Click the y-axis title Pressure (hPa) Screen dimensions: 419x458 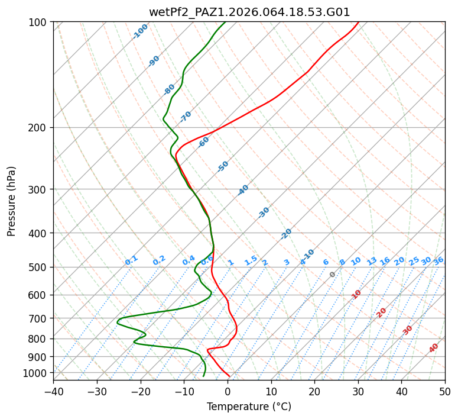12,201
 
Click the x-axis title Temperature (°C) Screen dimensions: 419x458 249,407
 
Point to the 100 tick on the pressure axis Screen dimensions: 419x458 41,22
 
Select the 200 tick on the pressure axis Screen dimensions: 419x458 41,127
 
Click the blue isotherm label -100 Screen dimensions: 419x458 140,31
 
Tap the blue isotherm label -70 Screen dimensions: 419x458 186,117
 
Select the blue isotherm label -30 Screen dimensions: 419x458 264,212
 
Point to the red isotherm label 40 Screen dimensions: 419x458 434,348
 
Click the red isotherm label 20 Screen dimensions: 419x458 382,312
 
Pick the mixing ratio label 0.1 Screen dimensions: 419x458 131,260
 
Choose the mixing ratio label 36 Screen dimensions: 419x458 438,260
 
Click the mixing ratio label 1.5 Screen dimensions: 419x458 251,260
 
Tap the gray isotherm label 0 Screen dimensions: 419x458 332,275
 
